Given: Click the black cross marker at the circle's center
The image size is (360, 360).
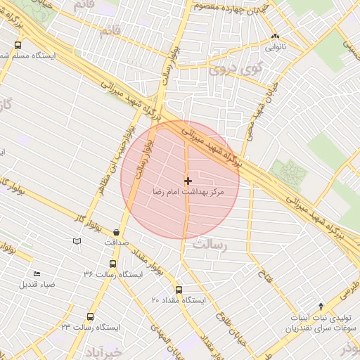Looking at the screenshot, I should pyautogui.click(x=187, y=181).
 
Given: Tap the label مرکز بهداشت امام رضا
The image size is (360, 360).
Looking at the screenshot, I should pyautogui.click(x=191, y=191).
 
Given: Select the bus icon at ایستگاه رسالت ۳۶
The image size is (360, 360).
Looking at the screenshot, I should pyautogui.click(x=113, y=264).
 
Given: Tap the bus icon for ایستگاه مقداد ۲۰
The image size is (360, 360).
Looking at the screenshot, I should pyautogui.click(x=178, y=290).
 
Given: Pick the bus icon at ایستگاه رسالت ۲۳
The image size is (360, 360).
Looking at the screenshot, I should pyautogui.click(x=89, y=317).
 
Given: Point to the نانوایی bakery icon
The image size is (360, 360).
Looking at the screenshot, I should pyautogui.click(x=275, y=37).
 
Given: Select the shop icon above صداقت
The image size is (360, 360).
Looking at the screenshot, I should pyautogui.click(x=116, y=232).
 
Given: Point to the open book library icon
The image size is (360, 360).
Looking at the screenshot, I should pyautogui.click(x=77, y=241).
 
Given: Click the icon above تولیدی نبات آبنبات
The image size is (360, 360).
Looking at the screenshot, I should pyautogui.click(x=321, y=306).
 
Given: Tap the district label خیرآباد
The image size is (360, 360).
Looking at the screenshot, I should pyautogui.click(x=103, y=351).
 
